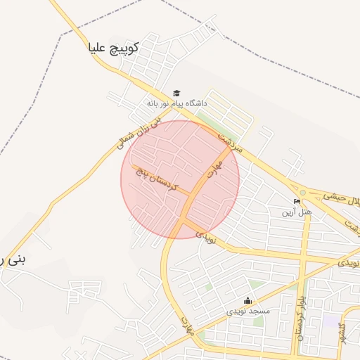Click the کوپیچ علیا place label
[112, 48]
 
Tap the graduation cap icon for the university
[176, 93]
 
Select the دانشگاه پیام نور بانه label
[176, 103]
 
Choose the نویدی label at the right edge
[349, 262]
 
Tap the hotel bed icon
[297, 201]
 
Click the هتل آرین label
[296, 211]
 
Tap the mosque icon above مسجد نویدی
[247, 300]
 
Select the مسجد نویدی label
[247, 310]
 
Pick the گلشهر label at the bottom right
[342, 336]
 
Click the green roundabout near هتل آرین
[303, 191]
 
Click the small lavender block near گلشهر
[331, 321]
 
